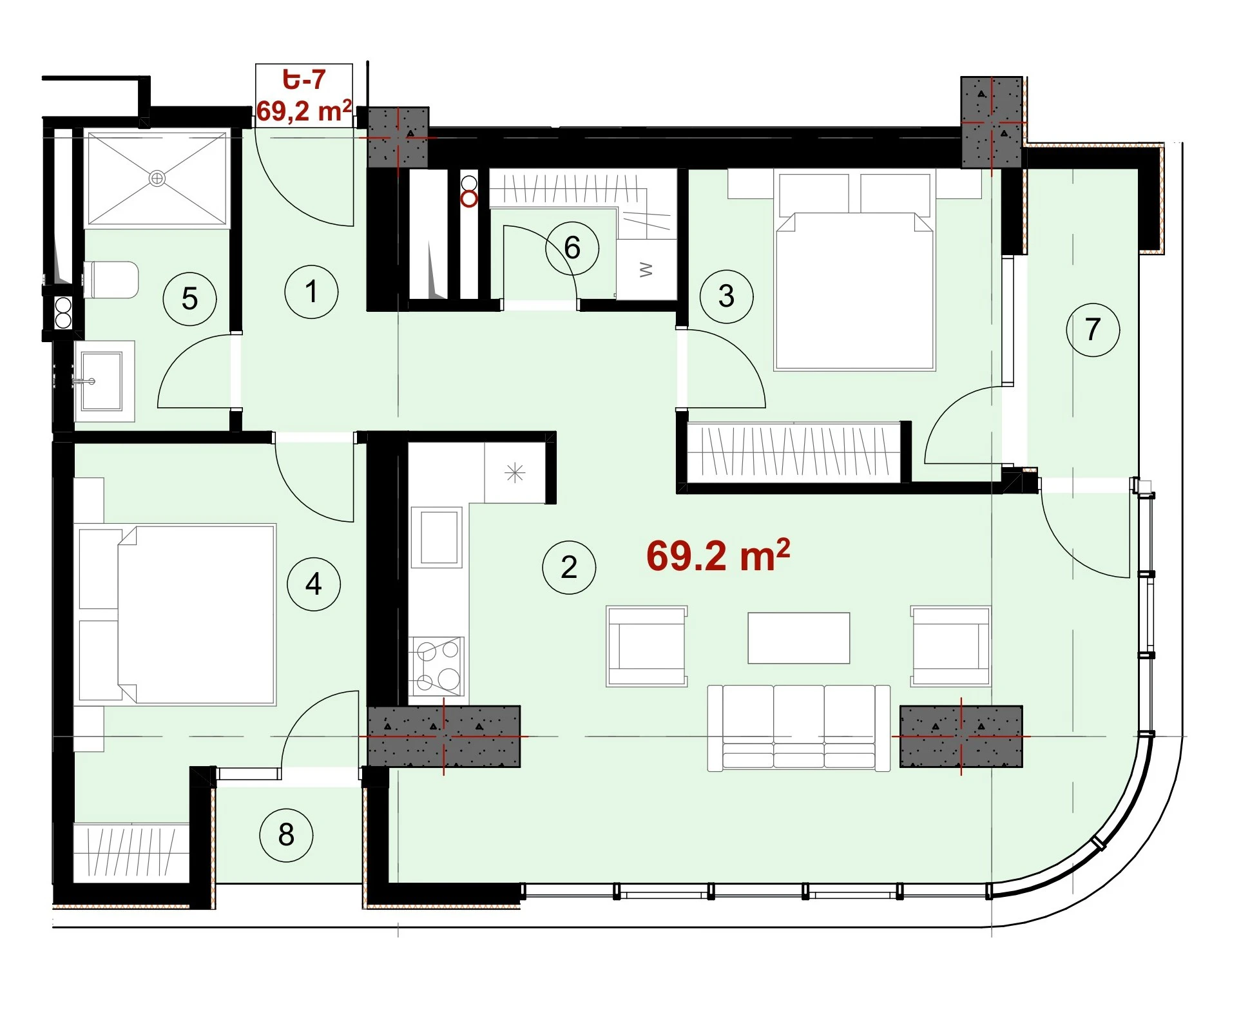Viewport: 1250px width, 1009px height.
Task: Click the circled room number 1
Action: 311,292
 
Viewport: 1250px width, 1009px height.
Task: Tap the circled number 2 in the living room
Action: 569,567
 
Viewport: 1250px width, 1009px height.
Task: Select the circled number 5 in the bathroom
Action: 189,299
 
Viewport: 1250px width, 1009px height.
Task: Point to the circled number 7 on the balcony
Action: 1093,329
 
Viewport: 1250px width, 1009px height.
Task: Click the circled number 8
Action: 286,835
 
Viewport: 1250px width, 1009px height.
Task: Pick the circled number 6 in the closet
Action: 572,248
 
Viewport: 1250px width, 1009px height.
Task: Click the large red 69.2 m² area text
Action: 718,555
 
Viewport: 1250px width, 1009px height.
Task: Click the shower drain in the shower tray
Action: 157,178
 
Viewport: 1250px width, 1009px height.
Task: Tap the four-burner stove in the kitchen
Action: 437,666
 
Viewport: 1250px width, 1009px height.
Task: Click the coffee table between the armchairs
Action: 799,638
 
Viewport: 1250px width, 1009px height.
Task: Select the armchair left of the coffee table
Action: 647,646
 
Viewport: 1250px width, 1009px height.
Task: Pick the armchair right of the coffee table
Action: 950,646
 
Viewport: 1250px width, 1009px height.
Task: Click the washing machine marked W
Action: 646,270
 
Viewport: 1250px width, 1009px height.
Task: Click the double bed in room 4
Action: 177,614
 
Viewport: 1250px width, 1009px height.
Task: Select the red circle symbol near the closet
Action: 469,199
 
